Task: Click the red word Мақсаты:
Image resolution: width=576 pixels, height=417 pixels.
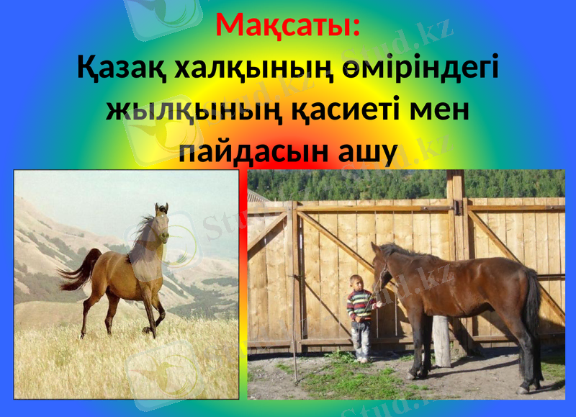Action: (x=288, y=27)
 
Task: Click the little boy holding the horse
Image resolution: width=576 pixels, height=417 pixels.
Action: (x=361, y=317)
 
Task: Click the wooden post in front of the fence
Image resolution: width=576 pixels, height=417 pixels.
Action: (x=441, y=338)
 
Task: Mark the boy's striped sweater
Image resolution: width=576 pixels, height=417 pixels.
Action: (x=361, y=305)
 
